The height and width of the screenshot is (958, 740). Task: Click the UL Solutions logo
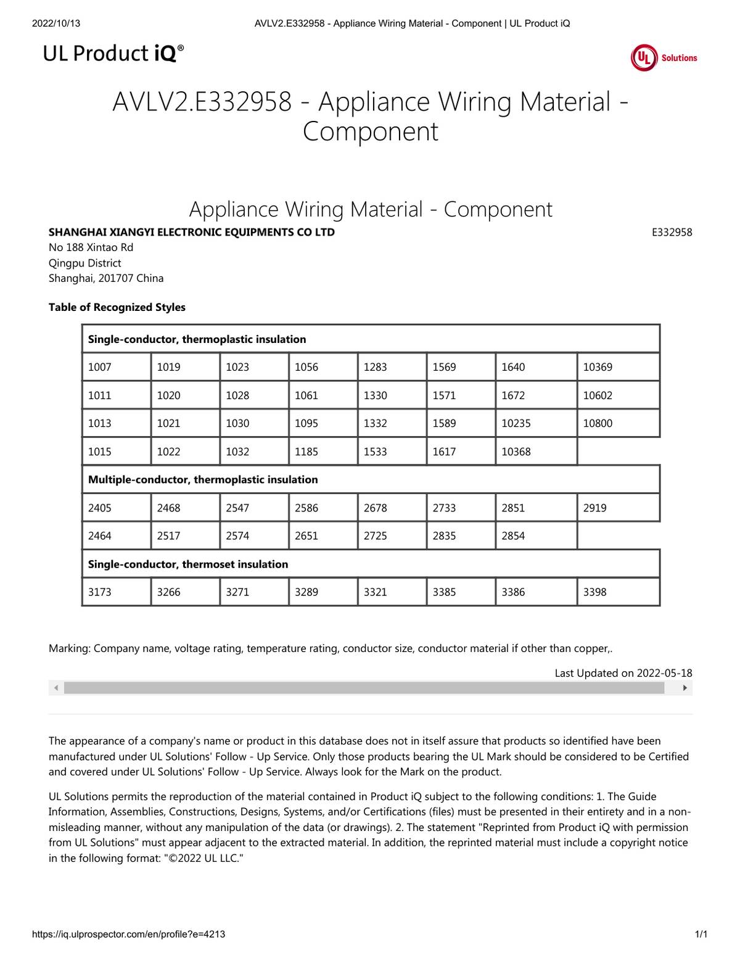(x=664, y=58)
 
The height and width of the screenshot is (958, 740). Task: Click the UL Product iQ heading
(x=113, y=54)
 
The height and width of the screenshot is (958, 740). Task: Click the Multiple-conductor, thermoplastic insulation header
(x=203, y=479)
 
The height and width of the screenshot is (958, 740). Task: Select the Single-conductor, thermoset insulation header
(x=188, y=564)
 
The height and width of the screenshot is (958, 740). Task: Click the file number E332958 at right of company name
(x=672, y=233)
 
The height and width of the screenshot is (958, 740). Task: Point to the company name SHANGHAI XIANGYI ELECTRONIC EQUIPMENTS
(x=192, y=233)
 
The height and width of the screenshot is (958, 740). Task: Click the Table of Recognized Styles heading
(x=117, y=307)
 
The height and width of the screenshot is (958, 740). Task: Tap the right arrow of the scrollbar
(x=685, y=688)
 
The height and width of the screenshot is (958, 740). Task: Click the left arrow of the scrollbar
(x=56, y=688)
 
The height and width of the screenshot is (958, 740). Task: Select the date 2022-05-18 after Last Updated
(x=664, y=673)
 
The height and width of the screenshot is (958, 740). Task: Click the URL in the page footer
(x=128, y=934)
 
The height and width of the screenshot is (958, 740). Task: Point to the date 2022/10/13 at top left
(x=55, y=23)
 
